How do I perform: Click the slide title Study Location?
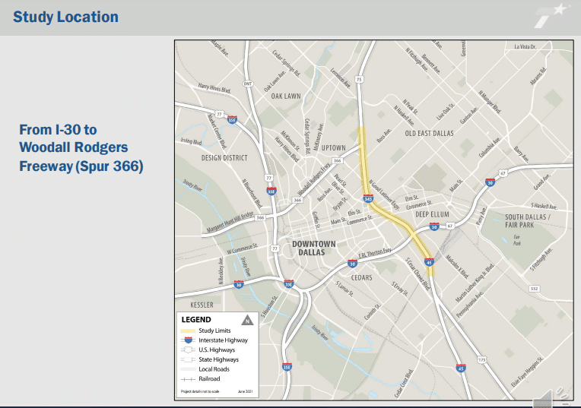click(x=65, y=17)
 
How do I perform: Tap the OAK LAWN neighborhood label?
click(x=287, y=96)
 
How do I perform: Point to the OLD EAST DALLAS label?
click(x=429, y=134)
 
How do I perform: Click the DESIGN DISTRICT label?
click(x=224, y=158)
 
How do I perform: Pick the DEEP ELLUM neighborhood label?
click(x=433, y=214)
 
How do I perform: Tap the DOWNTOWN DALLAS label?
click(x=314, y=248)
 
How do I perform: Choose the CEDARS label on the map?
click(x=361, y=277)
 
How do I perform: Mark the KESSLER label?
click(x=196, y=305)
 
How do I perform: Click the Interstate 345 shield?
click(x=368, y=199)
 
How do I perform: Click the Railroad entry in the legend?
click(x=211, y=378)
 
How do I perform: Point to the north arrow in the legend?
click(x=246, y=320)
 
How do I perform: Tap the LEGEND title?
click(x=196, y=320)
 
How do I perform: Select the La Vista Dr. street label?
click(x=525, y=47)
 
